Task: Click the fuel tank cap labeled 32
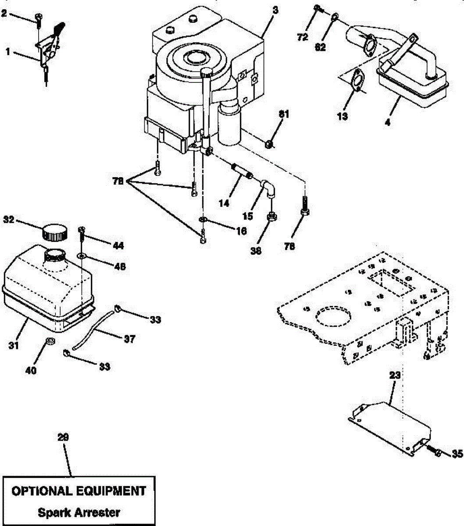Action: coord(55,232)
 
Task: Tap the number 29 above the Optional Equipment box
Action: coord(64,437)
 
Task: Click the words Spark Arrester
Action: coord(79,512)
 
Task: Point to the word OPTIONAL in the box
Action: coord(42,490)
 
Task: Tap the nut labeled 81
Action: coord(270,143)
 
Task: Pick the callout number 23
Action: coord(395,375)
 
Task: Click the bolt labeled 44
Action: coord(82,235)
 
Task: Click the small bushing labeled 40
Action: coord(50,341)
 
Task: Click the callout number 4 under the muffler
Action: coord(387,122)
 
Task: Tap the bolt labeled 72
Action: coord(317,8)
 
